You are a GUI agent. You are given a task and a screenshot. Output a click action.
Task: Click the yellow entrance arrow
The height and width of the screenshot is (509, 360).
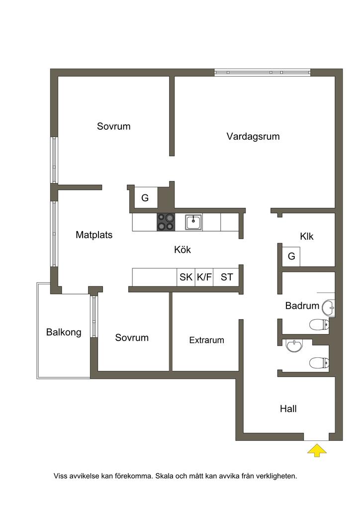pos(317,450)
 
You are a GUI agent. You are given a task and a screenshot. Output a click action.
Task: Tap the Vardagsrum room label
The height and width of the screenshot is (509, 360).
pos(253,136)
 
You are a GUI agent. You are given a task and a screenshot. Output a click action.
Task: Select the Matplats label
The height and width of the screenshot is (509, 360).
pos(94,235)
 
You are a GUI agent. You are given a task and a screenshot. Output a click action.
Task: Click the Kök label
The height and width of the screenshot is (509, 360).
pos(182,250)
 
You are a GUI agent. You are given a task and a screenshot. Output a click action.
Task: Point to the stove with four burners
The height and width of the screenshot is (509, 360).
pos(166,222)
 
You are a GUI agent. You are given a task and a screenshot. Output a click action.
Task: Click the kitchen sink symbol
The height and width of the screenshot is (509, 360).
pos(193,222)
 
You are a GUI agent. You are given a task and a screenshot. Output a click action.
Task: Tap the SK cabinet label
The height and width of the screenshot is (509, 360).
pos(186,277)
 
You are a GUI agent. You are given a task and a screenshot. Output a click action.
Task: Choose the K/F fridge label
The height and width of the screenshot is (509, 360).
pos(204,277)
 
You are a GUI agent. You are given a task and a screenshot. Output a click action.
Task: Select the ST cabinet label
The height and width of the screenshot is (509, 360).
pos(227,277)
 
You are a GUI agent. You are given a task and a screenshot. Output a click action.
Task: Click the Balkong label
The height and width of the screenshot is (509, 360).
pos(64,332)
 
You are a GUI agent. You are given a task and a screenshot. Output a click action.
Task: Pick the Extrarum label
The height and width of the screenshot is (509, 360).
pos(206,340)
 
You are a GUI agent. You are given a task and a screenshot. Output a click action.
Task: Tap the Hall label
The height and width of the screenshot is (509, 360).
pos(288,409)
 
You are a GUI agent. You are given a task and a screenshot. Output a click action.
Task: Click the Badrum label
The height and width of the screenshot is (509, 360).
pos(302,306)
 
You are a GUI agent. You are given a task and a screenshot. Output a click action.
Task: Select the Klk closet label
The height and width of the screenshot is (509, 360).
pos(307,237)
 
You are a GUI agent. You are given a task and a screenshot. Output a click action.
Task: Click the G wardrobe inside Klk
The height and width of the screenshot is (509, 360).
pos(291,256)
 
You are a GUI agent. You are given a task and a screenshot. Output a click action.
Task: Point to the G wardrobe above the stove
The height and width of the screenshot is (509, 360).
pos(145,198)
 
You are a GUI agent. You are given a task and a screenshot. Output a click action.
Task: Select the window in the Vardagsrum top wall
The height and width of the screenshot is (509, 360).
pos(262,73)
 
